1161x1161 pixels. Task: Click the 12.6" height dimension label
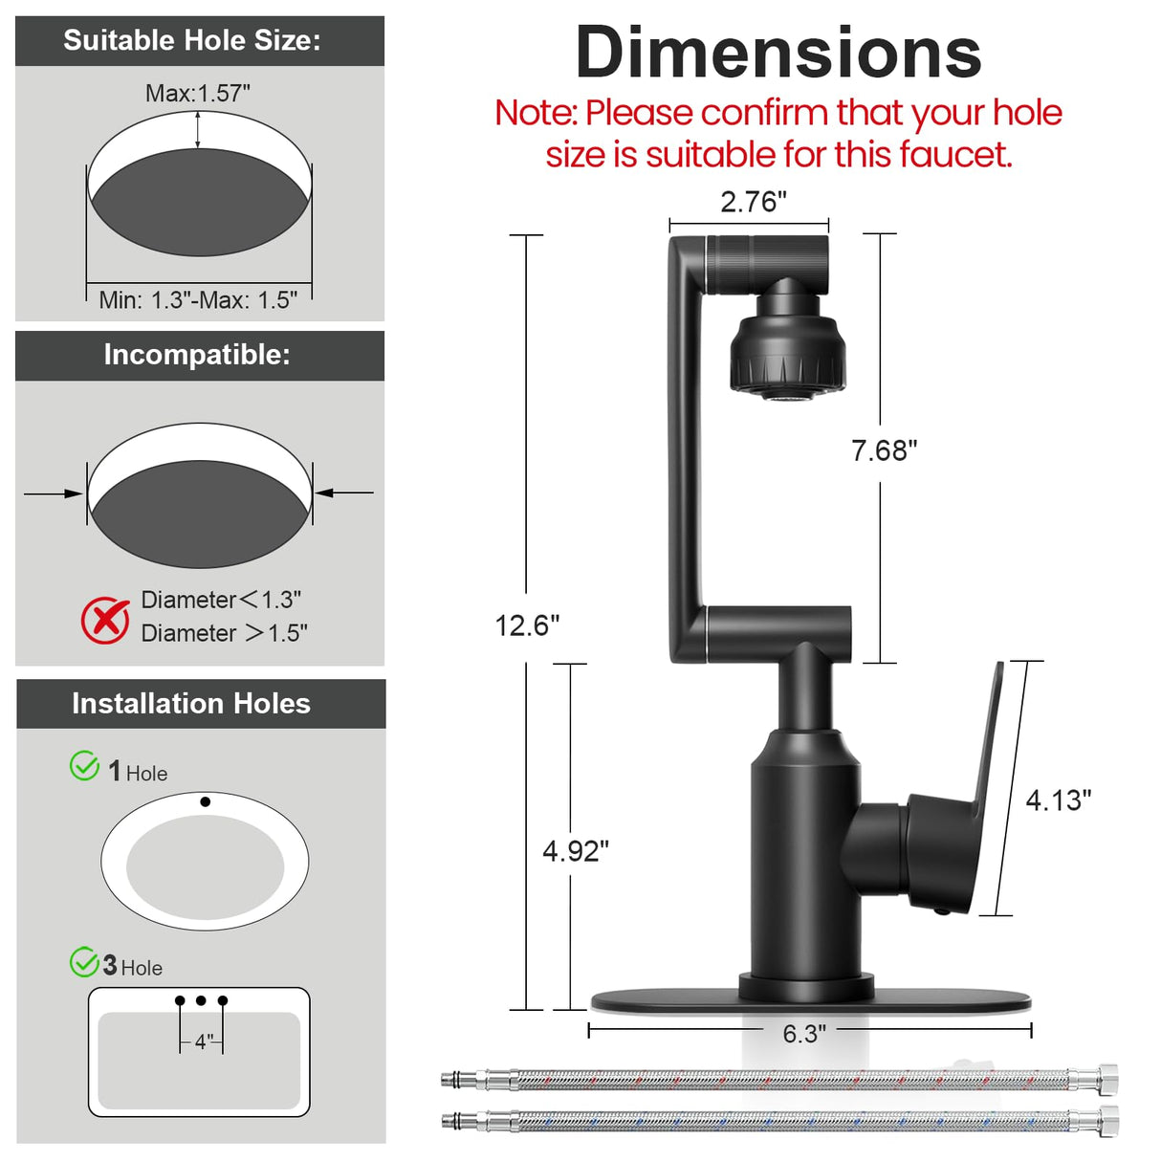(527, 625)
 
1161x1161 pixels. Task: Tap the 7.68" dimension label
(884, 450)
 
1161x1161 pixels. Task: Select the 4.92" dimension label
(576, 851)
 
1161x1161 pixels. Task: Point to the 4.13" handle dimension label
(1059, 800)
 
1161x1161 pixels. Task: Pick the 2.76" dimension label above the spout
(754, 201)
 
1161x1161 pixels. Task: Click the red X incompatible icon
(105, 620)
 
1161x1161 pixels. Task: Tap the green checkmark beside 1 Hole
(84, 766)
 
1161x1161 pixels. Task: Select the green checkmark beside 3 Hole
(84, 961)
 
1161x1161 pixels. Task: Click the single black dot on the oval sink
(206, 801)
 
